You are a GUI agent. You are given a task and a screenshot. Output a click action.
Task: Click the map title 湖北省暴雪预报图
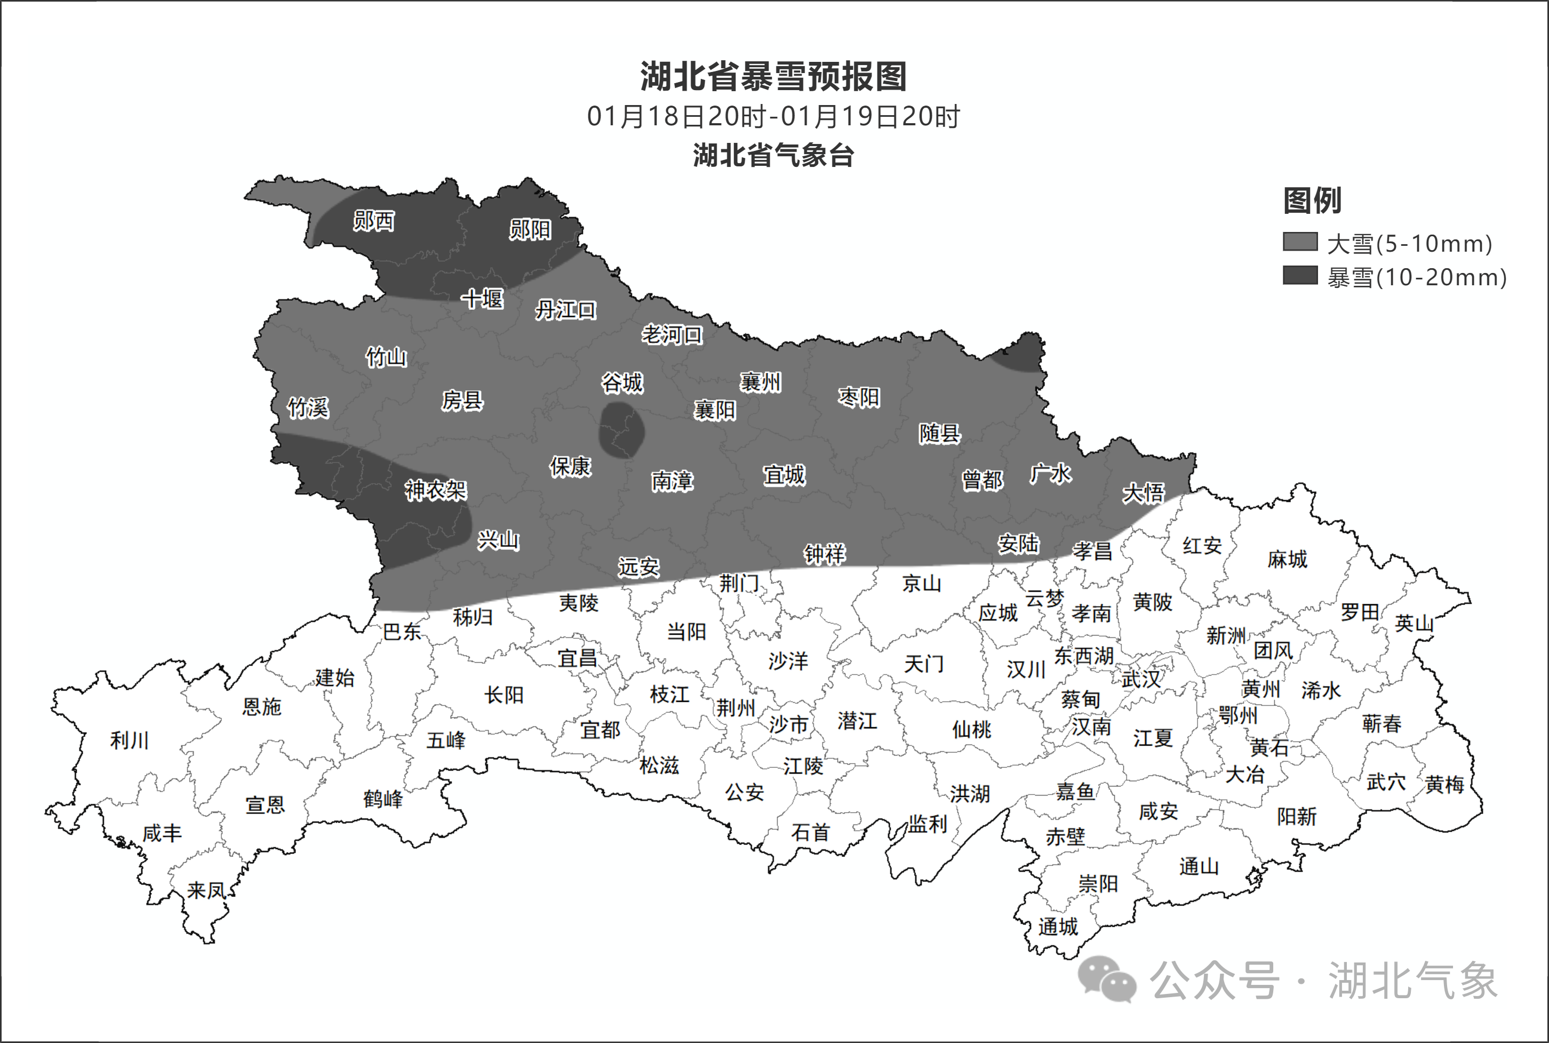coord(773,76)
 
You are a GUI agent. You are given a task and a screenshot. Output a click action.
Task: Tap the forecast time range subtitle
coord(773,116)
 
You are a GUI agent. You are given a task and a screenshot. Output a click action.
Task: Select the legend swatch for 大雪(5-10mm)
coord(1299,242)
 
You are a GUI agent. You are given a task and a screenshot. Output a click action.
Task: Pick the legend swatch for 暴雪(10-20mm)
coord(1299,275)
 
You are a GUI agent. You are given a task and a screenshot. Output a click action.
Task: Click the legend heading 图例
coord(1312,200)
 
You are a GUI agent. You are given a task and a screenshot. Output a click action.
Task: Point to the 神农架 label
coord(436,490)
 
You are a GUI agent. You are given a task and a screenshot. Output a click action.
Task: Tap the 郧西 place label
coord(373,220)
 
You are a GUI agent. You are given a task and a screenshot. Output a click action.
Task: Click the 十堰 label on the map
coord(482,299)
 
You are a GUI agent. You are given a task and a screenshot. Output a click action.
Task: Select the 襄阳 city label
coord(715,410)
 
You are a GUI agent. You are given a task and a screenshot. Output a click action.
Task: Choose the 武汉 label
coord(1140,679)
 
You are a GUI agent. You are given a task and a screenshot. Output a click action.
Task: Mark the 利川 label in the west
coord(129,740)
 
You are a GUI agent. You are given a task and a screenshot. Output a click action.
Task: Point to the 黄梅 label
coord(1444,785)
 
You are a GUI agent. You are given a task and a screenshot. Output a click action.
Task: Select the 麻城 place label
coord(1287,559)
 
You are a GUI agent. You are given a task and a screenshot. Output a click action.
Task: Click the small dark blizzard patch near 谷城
coord(621,430)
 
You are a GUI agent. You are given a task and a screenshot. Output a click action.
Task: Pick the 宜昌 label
coord(577,659)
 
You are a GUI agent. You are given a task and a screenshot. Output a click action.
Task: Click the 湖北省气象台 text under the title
coord(773,155)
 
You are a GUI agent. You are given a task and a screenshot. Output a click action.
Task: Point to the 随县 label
coord(939,433)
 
